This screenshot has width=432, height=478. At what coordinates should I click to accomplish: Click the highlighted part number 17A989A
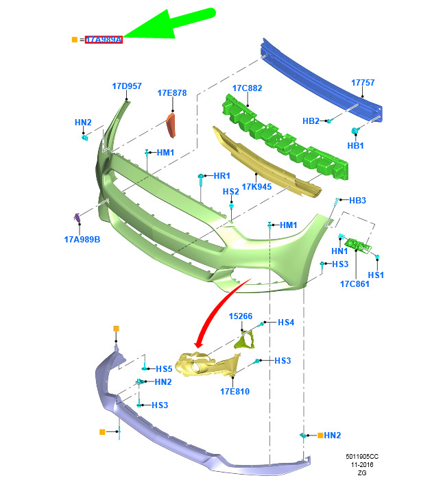[x=104, y=40]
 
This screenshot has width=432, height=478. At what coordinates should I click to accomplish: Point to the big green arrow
[x=170, y=25]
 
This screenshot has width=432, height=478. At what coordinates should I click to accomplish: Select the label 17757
[x=363, y=83]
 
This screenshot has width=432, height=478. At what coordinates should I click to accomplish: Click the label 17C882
[x=248, y=88]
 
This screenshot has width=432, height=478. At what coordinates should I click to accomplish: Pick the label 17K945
[x=256, y=186]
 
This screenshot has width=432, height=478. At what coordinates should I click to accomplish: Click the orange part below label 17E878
[x=171, y=125]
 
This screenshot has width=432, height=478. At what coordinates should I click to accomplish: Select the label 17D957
[x=127, y=86]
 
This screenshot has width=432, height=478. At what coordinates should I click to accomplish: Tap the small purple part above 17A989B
[x=77, y=217]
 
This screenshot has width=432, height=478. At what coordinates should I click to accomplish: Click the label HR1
[x=222, y=175]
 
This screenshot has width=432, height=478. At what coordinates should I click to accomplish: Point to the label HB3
[x=357, y=200]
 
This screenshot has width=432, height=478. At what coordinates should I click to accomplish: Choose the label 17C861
[x=355, y=284]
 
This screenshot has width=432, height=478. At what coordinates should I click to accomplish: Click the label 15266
[x=241, y=316]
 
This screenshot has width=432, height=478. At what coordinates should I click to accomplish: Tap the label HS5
[x=165, y=369]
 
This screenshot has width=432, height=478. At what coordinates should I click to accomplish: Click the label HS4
[x=286, y=323]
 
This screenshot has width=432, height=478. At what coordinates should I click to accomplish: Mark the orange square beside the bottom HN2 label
[x=320, y=436]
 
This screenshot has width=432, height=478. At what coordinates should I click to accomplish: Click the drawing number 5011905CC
[x=362, y=456]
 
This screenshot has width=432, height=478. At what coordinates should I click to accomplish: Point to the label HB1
[x=356, y=145]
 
